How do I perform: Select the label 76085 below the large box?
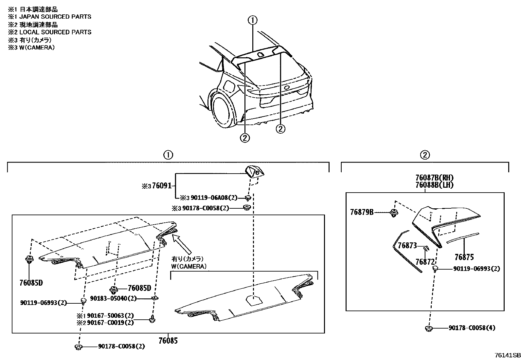point(168,341)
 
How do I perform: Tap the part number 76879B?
point(362,212)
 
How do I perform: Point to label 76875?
point(464,257)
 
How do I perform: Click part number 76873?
point(407,245)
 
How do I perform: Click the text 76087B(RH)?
point(434,178)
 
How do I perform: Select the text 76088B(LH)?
point(434,185)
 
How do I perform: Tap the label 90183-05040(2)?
point(113,298)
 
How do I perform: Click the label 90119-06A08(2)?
point(209,198)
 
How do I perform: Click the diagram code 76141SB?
point(507,355)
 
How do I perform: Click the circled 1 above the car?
point(252,21)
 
